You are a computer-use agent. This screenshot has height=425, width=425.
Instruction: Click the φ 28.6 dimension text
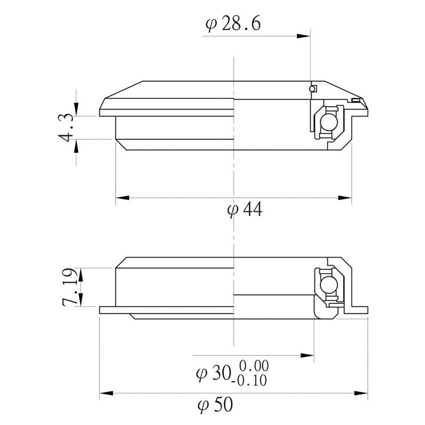point(232,24)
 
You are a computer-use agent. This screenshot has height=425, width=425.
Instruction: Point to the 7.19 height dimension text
point(68,287)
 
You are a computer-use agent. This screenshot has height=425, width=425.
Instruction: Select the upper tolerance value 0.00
point(254,366)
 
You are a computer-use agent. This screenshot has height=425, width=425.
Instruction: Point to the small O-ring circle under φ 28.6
point(313,88)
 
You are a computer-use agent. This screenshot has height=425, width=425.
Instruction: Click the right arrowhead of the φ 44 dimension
point(345,198)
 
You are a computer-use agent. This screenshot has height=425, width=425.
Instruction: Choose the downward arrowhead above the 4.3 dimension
point(78,109)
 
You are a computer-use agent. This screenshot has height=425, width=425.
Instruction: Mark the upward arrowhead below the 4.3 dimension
point(78,144)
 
